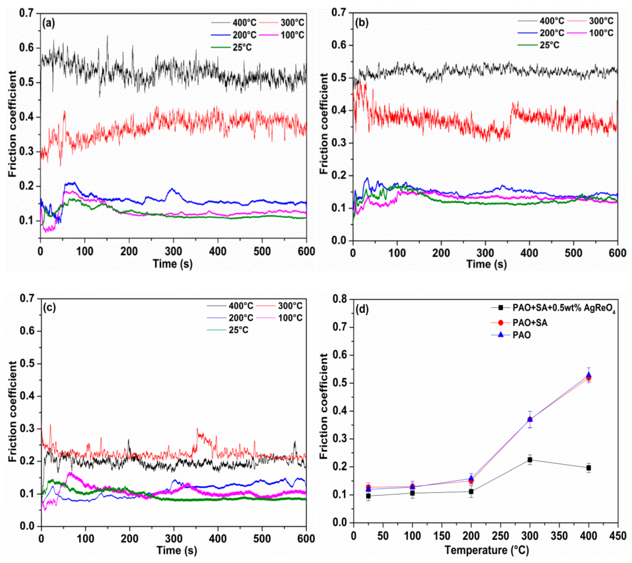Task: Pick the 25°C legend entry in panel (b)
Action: tap(548, 45)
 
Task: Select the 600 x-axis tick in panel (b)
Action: tap(617, 253)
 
